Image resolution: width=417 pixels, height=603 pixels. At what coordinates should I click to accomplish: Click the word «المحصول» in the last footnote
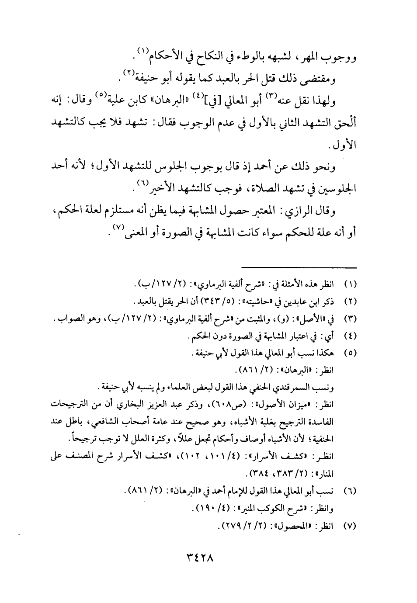tap(306, 527)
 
